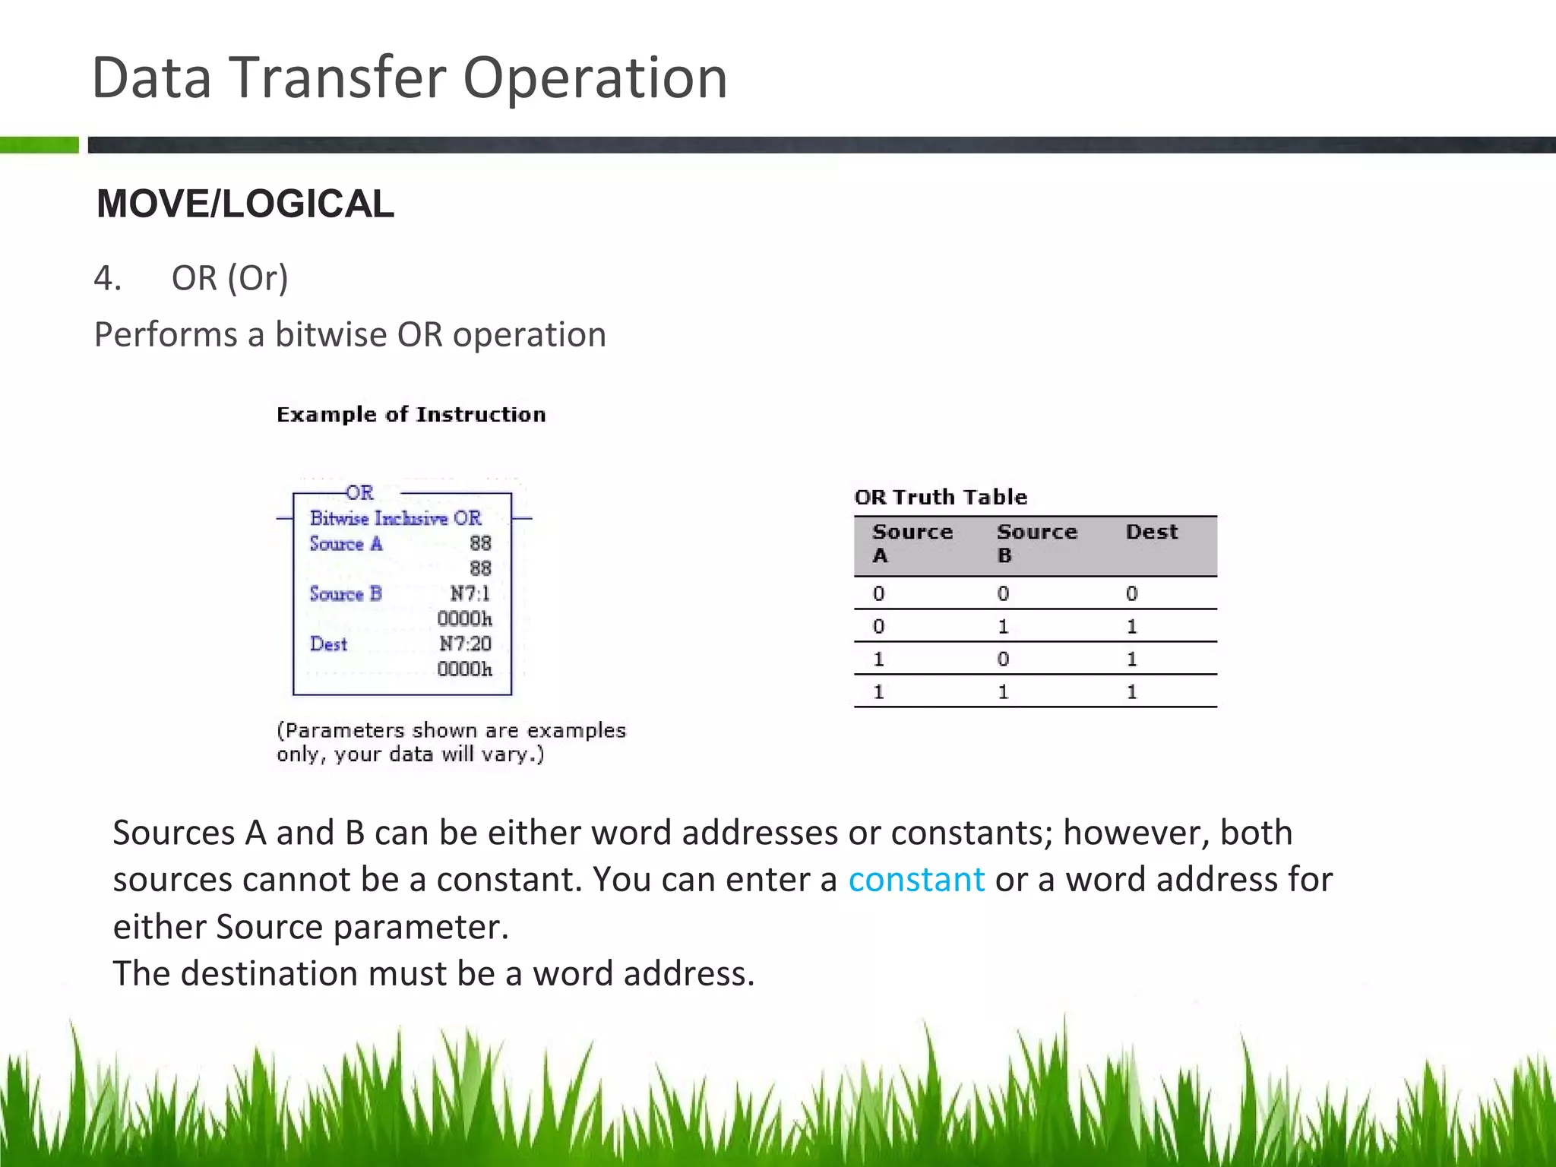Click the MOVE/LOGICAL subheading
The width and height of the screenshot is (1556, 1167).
[245, 204]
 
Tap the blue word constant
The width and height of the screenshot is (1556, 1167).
[916, 880]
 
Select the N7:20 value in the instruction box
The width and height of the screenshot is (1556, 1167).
[465, 644]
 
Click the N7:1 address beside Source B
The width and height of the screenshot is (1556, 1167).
[470, 593]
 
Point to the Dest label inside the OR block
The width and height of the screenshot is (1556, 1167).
[328, 644]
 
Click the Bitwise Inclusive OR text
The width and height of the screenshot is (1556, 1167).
[395, 518]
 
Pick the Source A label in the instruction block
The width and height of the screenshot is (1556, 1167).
[346, 544]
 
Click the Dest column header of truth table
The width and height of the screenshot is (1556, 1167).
[1152, 532]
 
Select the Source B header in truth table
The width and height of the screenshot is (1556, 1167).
[1036, 542]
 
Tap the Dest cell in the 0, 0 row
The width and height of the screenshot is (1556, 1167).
[1131, 593]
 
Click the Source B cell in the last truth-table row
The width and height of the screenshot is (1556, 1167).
[1003, 691]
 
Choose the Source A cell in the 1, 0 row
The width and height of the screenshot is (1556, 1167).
[879, 659]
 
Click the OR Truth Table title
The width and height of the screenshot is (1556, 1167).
[941, 497]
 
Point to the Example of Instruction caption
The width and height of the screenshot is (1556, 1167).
[411, 415]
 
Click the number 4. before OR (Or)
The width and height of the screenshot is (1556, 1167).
[107, 278]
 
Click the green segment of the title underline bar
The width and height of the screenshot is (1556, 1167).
[40, 144]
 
